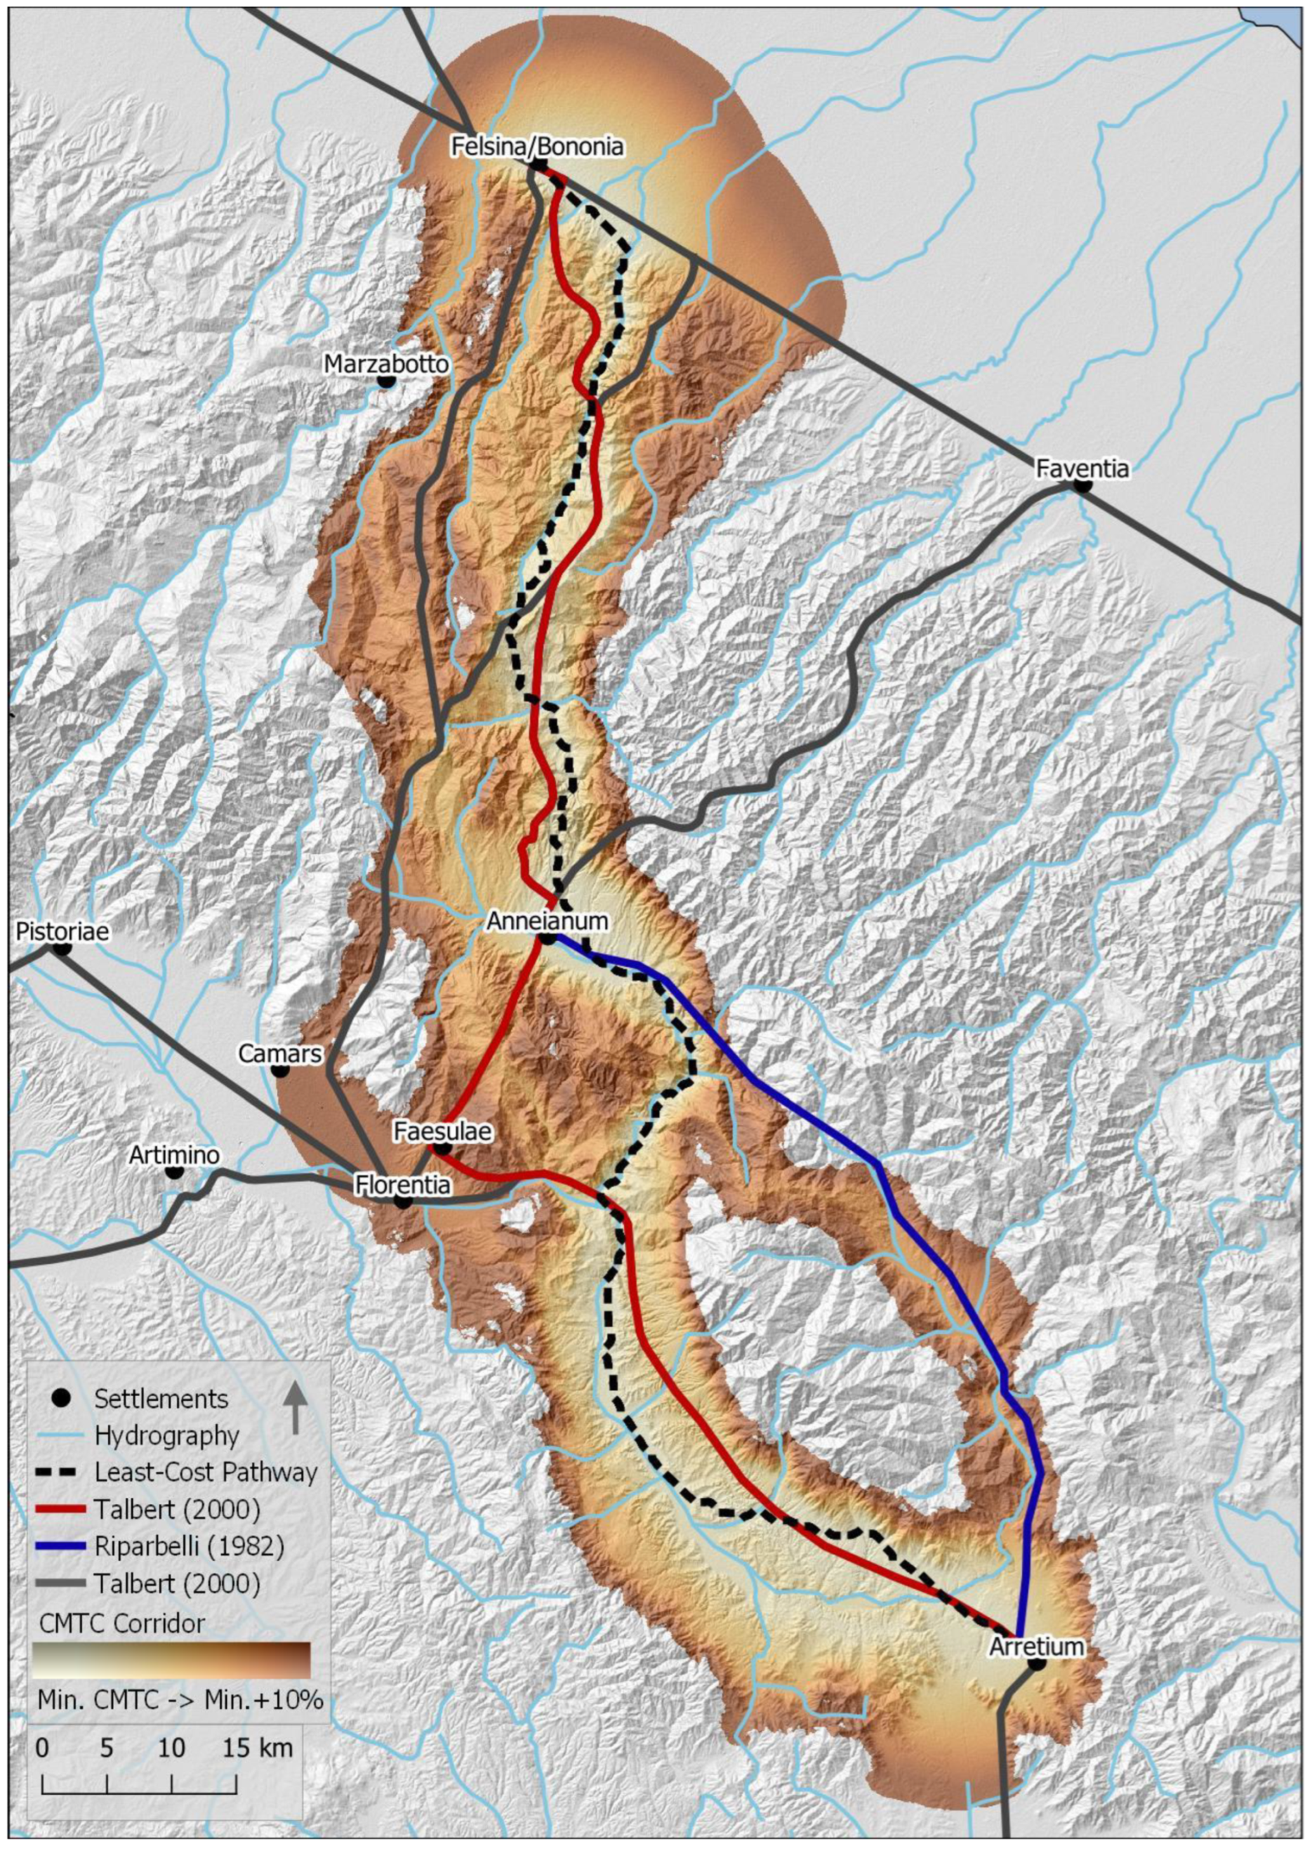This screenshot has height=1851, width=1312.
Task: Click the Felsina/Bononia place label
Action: coord(537,147)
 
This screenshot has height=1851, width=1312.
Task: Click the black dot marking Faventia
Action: coord(1082,486)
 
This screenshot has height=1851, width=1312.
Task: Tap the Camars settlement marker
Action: coord(280,1071)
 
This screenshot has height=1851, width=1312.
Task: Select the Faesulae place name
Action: coord(442,1131)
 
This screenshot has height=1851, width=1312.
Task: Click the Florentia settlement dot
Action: coord(403,1201)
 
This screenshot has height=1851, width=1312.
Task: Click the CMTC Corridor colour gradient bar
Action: coord(171,1660)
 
